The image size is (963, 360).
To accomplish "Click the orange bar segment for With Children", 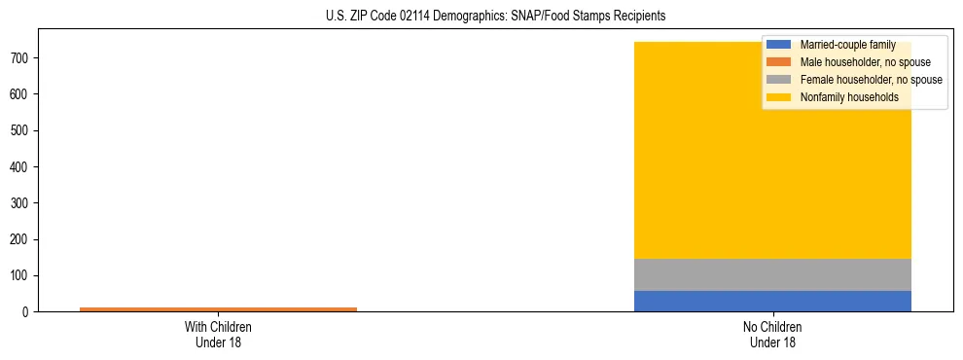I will tap(218, 308).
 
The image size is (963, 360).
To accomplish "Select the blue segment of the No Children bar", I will tap(772, 301).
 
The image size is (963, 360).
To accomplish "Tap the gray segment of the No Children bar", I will tap(772, 274).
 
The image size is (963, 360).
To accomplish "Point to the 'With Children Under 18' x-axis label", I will tap(218, 335).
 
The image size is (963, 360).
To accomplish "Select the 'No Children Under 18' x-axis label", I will tap(772, 335).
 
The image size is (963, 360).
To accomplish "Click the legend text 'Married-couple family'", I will tap(847, 45).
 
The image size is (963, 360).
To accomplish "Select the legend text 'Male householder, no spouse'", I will tap(865, 62).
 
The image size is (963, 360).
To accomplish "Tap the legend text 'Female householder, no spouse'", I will tap(871, 80).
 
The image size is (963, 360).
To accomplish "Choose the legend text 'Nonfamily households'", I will tap(849, 97).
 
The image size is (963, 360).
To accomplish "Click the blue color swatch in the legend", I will tap(778, 45).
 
